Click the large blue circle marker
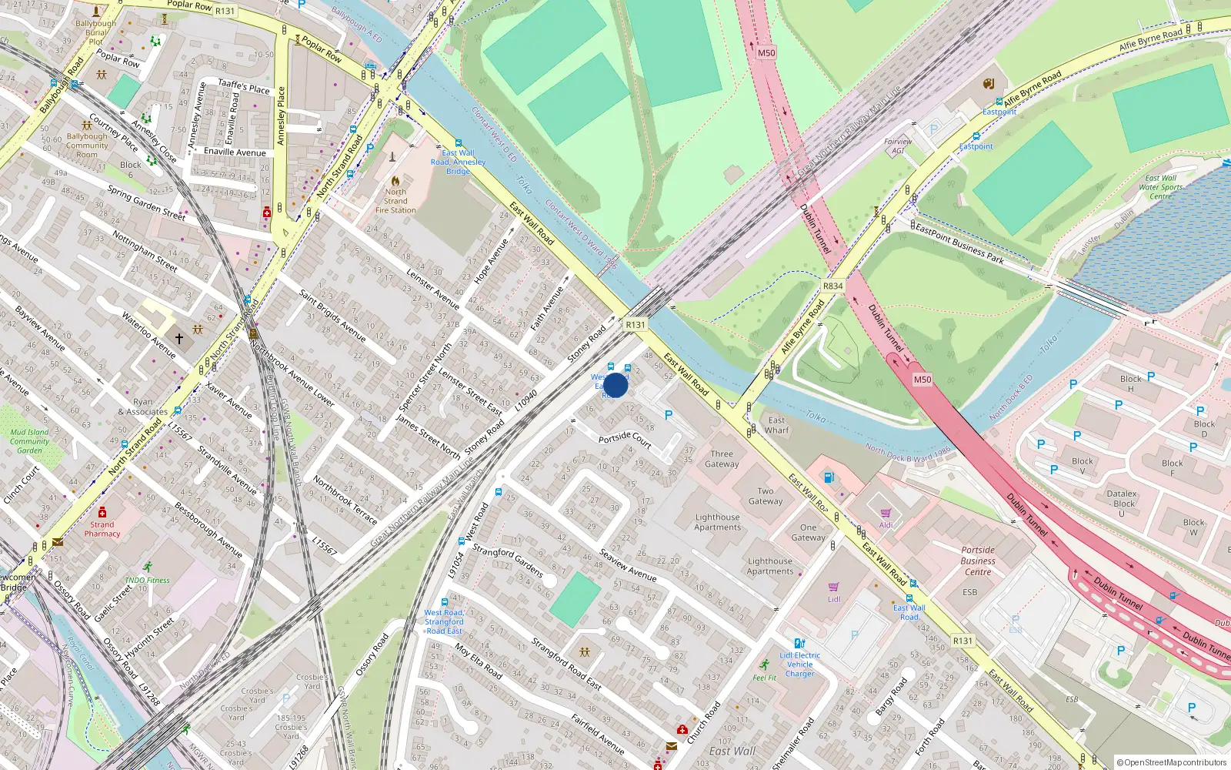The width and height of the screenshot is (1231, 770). (x=615, y=385)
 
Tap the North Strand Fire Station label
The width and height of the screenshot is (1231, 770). (x=395, y=201)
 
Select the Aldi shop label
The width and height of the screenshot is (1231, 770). (x=886, y=525)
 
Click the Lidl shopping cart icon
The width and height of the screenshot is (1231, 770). (x=834, y=587)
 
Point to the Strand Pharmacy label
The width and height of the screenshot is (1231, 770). (x=102, y=529)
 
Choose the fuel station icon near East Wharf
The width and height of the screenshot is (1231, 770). (x=829, y=477)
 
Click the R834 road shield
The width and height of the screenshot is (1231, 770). (x=832, y=286)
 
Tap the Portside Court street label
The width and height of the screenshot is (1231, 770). (x=625, y=439)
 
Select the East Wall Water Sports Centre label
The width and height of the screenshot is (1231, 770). (x=1161, y=187)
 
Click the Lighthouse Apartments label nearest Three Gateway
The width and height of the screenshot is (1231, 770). (x=717, y=522)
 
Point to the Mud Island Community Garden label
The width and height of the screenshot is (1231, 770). (x=30, y=441)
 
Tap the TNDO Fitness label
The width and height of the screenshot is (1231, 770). (x=147, y=580)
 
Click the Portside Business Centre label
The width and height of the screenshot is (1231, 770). (x=978, y=561)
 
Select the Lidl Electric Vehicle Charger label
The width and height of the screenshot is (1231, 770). (x=800, y=665)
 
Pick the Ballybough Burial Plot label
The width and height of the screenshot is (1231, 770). (x=96, y=32)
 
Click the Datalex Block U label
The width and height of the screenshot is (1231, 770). (x=1122, y=504)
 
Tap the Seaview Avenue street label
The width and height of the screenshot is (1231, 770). (x=628, y=565)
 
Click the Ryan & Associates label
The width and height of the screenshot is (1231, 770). (x=143, y=407)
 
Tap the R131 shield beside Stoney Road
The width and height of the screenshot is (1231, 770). (x=635, y=324)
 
